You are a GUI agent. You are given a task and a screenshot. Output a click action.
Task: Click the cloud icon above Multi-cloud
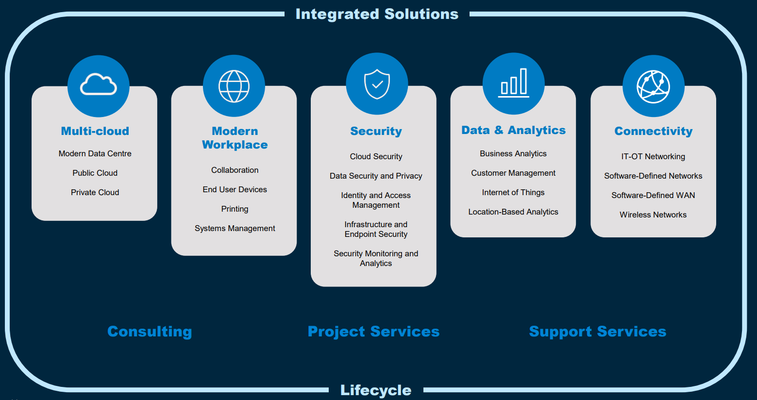click(x=99, y=85)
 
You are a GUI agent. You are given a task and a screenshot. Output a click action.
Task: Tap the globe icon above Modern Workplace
click(x=234, y=86)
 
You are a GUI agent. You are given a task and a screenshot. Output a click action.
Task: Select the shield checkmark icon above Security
click(x=377, y=83)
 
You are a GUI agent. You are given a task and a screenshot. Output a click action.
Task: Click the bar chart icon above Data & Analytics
click(x=514, y=83)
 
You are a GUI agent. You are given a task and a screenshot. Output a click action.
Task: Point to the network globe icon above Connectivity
click(x=653, y=86)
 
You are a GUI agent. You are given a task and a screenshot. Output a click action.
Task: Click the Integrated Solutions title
click(x=377, y=14)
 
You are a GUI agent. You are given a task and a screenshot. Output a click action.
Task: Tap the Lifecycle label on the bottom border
click(x=376, y=390)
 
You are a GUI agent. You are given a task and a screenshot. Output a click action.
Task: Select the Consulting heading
click(x=150, y=332)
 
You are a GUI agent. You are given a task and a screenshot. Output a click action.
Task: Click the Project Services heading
click(x=373, y=332)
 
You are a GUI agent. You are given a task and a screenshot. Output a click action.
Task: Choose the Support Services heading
click(x=597, y=332)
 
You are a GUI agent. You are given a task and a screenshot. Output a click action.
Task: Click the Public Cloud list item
click(x=95, y=173)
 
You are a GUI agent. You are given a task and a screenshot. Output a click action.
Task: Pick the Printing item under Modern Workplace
click(x=235, y=209)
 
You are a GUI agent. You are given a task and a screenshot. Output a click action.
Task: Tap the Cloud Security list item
click(x=376, y=156)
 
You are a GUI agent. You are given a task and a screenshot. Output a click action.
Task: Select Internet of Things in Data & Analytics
click(x=513, y=192)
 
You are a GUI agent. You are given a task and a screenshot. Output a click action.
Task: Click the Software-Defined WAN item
click(x=653, y=195)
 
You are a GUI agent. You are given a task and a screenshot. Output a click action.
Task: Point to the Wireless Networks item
click(x=653, y=215)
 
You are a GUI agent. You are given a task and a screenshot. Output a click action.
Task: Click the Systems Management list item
click(x=235, y=228)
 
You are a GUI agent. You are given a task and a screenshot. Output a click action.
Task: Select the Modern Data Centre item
click(x=95, y=153)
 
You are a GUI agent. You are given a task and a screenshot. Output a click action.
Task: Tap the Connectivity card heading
click(x=653, y=131)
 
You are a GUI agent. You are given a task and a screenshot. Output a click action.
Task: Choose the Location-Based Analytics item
click(x=513, y=212)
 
